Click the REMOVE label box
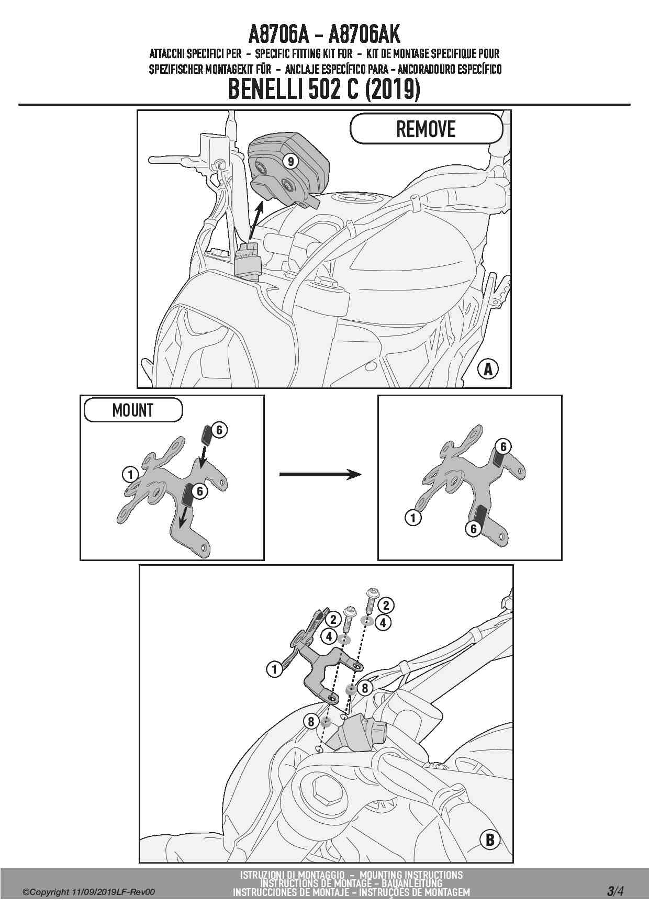(x=426, y=129)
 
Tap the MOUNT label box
(x=133, y=410)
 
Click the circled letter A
(x=488, y=370)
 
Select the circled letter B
(x=490, y=840)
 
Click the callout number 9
(x=291, y=161)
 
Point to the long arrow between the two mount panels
(x=320, y=474)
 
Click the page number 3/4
(x=616, y=891)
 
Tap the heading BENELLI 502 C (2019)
(x=324, y=89)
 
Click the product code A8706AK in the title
(x=364, y=35)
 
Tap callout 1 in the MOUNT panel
(x=130, y=475)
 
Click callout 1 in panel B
(x=274, y=669)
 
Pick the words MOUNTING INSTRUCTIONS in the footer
(x=411, y=875)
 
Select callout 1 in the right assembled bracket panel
(x=413, y=518)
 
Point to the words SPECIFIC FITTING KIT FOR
(x=304, y=53)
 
